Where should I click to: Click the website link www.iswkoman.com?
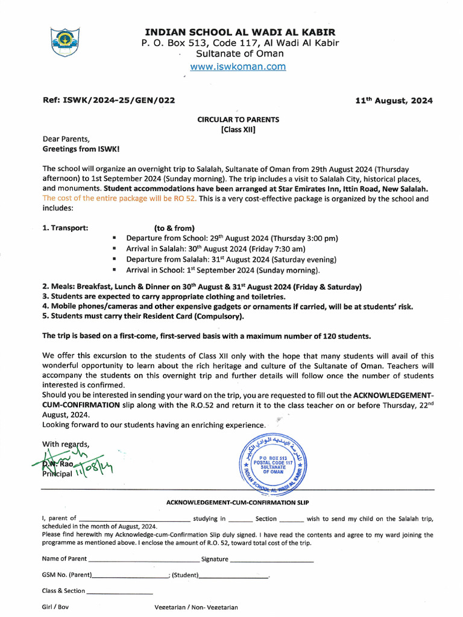pos(238,67)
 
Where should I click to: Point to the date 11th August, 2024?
pos(394,101)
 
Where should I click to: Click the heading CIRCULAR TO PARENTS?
pos(238,120)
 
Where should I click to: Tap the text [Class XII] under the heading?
pos(238,130)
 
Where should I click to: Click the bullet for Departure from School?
pos(114,239)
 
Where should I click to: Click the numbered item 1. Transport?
pos(66,228)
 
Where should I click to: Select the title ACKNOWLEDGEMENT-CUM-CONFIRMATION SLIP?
pos(238,503)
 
